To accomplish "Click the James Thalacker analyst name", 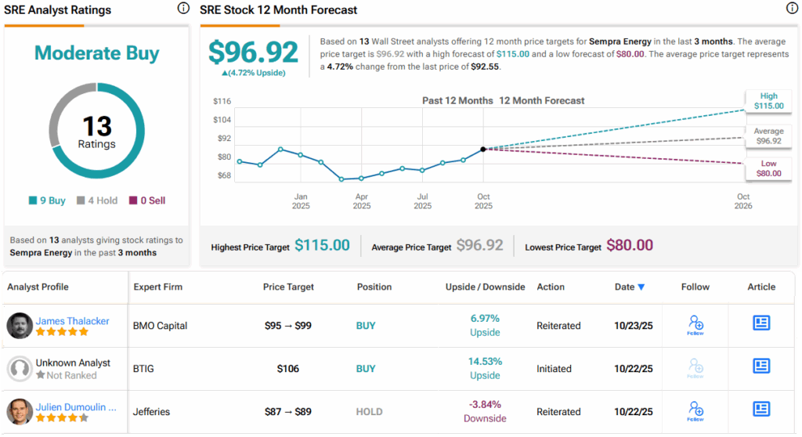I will coord(72,320).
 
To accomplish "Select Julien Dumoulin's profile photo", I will coord(20,412).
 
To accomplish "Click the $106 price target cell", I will coord(288,368).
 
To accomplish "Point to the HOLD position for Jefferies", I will coord(370,411).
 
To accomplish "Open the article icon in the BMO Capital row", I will coord(761,323).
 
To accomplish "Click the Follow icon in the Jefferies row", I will coord(695,410).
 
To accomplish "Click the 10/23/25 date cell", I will coord(630,325).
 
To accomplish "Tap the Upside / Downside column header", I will coord(485,287).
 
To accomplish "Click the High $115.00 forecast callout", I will coord(768,101).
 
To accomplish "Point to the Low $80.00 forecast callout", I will coord(768,168).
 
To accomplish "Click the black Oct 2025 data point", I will coord(483,149).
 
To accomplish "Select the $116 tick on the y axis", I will coord(222,101).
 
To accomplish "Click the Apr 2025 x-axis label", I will coord(362,201).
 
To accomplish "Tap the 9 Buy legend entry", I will coord(48,200).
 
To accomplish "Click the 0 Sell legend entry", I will coord(147,200).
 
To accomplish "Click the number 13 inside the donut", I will coord(96,127).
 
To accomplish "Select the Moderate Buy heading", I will coord(96,53).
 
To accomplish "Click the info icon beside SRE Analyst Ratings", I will coord(183,9).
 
